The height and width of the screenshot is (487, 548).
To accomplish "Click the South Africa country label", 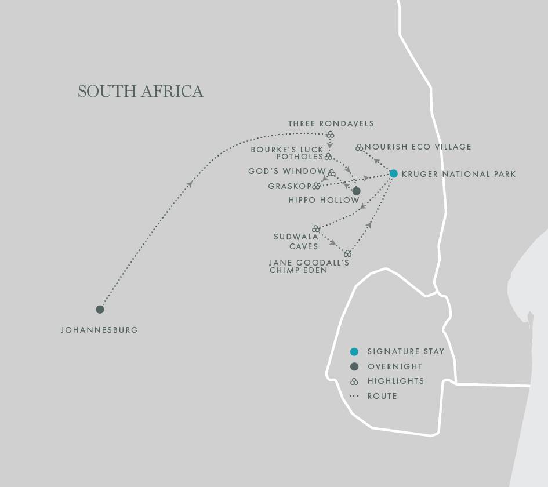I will click(x=140, y=92).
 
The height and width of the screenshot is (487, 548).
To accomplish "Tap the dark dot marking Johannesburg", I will click(x=100, y=309).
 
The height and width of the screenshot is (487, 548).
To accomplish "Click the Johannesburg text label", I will click(x=99, y=330).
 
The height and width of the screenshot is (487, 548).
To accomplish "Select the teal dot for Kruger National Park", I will click(x=394, y=173).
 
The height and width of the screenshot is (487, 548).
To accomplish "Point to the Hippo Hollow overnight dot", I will click(x=356, y=191).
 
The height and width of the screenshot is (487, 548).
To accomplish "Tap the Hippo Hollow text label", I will click(x=324, y=200).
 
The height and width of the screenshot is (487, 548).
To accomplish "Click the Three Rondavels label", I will click(x=331, y=123).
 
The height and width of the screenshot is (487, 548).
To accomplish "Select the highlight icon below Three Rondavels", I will click(x=330, y=135).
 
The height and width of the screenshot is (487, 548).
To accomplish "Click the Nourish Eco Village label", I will click(x=418, y=147).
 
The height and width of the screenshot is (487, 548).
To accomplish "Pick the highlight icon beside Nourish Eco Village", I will click(x=359, y=147).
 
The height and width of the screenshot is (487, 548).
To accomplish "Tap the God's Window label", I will click(x=286, y=172).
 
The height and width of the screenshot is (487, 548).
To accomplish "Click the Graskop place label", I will click(x=289, y=186).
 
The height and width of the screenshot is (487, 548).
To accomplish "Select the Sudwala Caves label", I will click(x=296, y=241).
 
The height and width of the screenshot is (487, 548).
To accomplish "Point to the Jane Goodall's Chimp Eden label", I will click(x=309, y=266).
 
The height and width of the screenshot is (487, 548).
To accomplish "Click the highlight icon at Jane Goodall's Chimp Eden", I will click(x=347, y=253).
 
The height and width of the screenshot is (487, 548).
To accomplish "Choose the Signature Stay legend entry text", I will click(x=405, y=351).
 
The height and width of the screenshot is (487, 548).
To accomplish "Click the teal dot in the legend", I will click(x=354, y=351).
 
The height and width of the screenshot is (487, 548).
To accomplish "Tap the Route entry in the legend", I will click(x=382, y=396).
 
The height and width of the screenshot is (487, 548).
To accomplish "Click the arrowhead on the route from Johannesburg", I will click(x=190, y=184).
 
